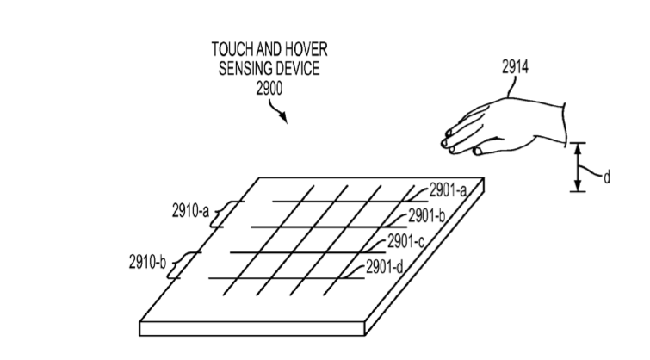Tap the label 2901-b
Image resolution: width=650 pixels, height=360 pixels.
pos(426,215)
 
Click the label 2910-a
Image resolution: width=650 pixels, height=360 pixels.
pos(191,211)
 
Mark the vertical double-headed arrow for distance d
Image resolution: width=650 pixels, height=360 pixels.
pos(578,167)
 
